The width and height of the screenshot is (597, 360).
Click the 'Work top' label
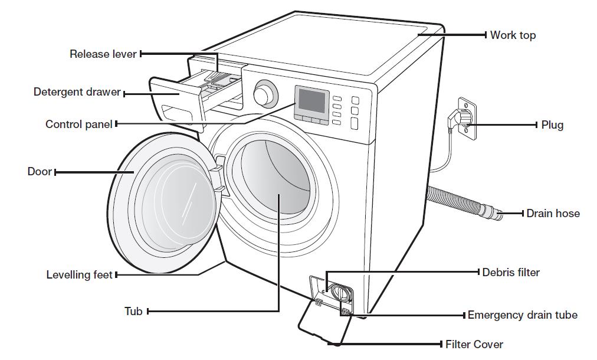point(513,35)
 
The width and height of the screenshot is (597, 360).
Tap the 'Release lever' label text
point(103,54)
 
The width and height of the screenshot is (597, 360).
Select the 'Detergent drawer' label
point(77,93)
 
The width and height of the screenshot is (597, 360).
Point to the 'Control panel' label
point(78,125)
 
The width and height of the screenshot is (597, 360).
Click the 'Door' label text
point(40,172)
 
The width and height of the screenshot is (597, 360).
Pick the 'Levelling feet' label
point(79,275)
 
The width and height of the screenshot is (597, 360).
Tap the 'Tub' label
point(133,311)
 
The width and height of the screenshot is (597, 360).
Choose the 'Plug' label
point(552,125)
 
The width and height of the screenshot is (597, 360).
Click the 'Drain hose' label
point(553,214)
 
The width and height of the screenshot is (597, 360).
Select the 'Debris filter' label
point(511,273)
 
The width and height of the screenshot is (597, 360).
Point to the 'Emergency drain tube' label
point(522,315)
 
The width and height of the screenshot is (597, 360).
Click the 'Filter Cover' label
point(474,344)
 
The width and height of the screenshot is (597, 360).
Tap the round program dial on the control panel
point(265,93)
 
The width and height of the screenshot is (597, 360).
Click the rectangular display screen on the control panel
point(312,102)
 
